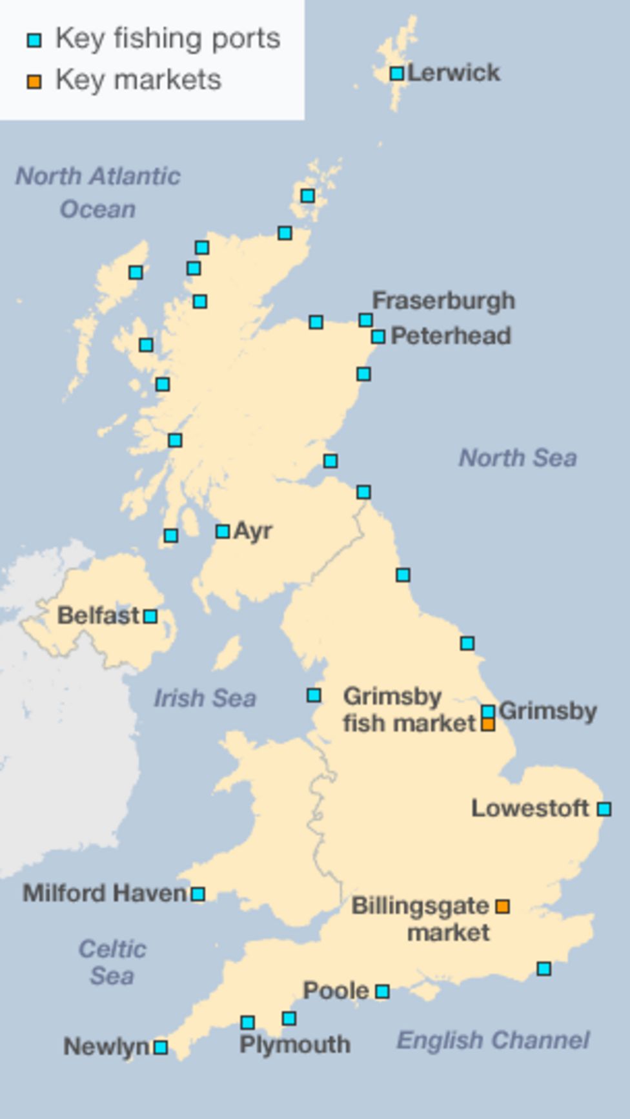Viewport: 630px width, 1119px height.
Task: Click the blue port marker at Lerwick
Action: click(397, 74)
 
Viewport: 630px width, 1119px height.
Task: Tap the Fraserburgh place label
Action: click(443, 301)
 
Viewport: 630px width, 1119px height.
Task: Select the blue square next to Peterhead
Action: click(378, 336)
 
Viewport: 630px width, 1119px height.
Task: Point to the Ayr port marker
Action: click(223, 531)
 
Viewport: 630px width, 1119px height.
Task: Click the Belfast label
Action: click(98, 615)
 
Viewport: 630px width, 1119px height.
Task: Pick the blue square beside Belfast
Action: click(150, 616)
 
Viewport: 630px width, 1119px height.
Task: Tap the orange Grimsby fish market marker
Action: click(489, 724)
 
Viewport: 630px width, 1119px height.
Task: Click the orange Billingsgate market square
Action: click(502, 907)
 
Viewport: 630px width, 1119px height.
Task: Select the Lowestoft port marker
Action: click(604, 808)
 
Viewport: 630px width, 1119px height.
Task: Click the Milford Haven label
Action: click(105, 894)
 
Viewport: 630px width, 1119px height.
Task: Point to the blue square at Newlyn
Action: click(161, 1047)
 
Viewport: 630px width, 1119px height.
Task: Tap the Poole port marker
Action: click(382, 991)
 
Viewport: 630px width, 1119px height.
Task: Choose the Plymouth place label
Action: click(295, 1044)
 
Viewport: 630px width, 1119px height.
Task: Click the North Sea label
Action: click(518, 458)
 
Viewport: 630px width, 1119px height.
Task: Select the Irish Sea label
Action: click(205, 698)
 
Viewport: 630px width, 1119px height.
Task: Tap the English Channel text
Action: click(493, 1040)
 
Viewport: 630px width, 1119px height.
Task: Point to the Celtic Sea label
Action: click(112, 962)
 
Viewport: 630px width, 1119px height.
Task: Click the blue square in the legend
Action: click(34, 41)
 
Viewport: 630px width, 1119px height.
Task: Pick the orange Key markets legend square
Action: click(34, 81)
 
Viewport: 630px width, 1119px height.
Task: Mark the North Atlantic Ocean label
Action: click(98, 192)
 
